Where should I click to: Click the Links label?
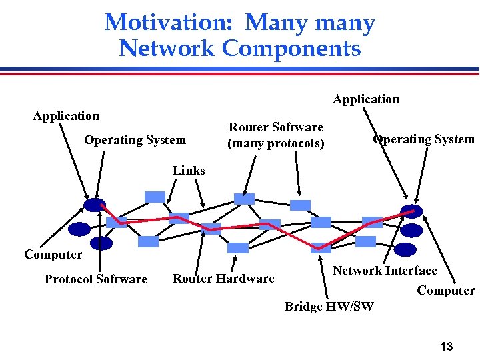coord(189,171)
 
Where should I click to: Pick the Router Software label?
coord(276,127)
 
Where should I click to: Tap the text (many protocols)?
coord(276,143)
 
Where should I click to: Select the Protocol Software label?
coord(96,279)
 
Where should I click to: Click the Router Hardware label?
coord(223,279)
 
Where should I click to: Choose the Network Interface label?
coord(385,271)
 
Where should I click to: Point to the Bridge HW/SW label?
coord(329,307)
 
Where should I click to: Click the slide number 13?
coord(447,347)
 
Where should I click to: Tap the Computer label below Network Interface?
coord(446,291)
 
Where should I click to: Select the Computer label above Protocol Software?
coord(53,255)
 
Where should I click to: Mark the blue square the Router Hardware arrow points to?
coord(211,229)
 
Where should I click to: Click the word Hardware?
coord(246,279)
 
